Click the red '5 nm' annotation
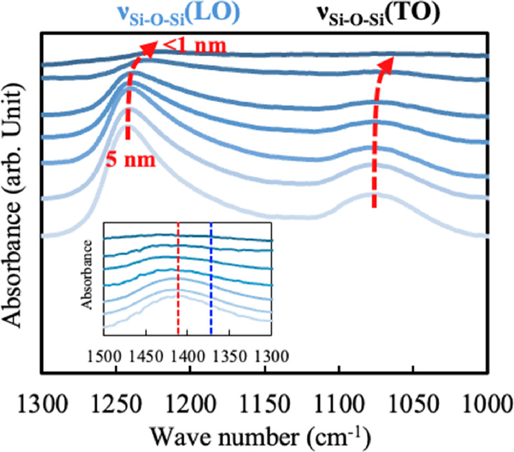pyautogui.click(x=135, y=158)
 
